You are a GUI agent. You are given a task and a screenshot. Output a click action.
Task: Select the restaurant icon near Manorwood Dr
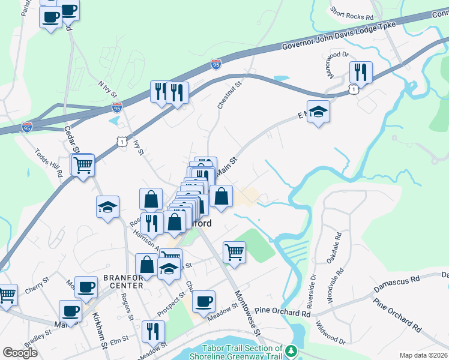[x=361, y=73]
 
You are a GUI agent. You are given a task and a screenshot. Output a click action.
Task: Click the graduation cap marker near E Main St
[x=319, y=111]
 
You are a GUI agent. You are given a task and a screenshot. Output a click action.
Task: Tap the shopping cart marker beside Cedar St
[x=83, y=164]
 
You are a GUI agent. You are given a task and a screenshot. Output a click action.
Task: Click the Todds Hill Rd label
[x=49, y=163]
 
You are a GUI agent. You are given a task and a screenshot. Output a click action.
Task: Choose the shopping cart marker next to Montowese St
[x=234, y=251]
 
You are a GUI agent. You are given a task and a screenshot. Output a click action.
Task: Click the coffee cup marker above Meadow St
[x=203, y=301]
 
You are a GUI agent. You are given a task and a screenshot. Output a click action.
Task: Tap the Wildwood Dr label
[x=330, y=332]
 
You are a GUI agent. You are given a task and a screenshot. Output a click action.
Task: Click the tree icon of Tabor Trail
[x=291, y=350]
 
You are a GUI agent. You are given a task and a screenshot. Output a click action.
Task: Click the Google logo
[x=20, y=352]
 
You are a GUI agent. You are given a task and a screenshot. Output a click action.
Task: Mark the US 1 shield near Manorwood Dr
[x=354, y=89]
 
